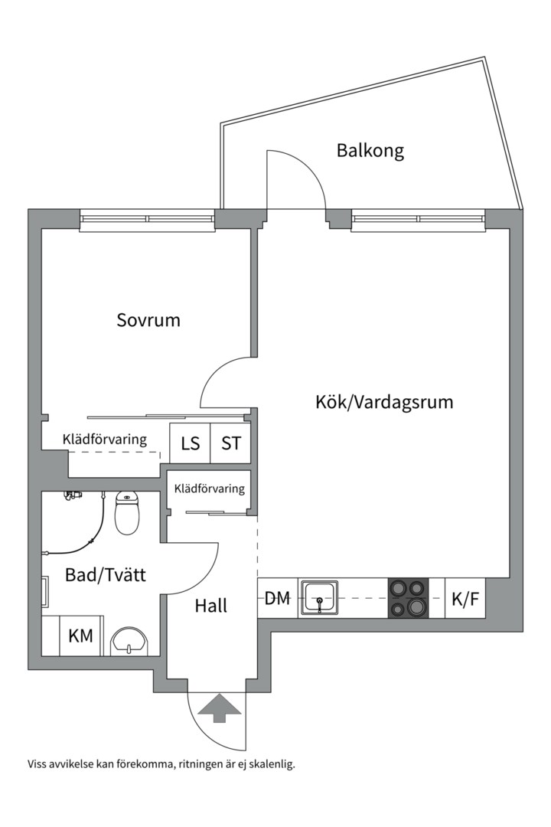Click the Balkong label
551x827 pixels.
[370, 151]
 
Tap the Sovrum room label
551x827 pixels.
[148, 320]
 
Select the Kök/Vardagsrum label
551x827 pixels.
[384, 401]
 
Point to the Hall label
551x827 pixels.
[210, 606]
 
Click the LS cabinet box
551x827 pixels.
[190, 443]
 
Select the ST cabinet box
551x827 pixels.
[230, 443]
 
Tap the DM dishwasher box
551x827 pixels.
[277, 598]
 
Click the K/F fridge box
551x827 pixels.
[465, 598]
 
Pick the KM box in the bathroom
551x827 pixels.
[81, 636]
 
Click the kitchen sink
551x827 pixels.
[321, 597]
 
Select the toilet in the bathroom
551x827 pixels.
[127, 514]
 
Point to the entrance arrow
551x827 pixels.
[217, 708]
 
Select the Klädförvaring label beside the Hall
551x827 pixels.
[210, 489]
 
